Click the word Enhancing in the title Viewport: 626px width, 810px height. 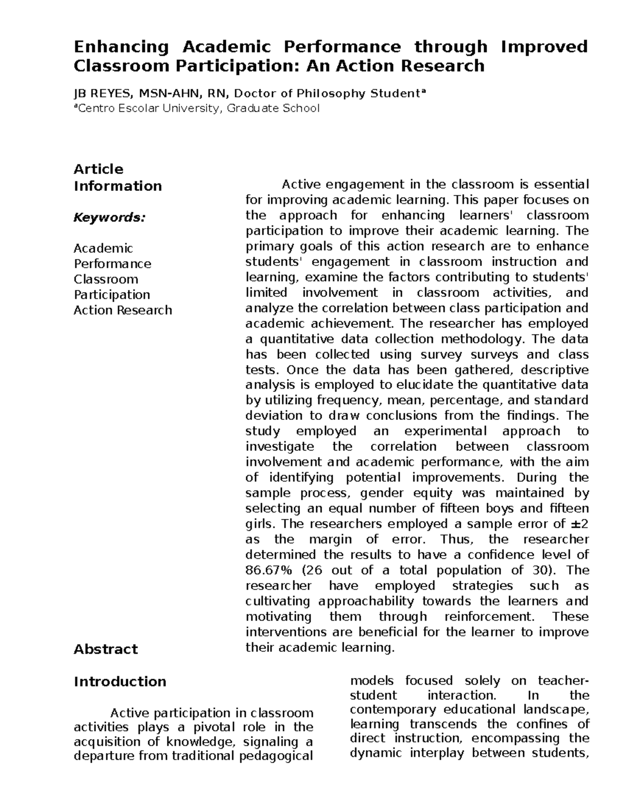coord(122,47)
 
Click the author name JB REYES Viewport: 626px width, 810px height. coord(103,94)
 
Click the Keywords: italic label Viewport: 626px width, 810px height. coord(110,217)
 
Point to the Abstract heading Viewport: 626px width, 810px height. coord(106,649)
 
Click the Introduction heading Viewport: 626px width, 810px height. coord(120,682)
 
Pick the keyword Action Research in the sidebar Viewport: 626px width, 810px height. coord(123,310)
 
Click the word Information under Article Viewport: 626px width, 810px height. coord(118,186)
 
